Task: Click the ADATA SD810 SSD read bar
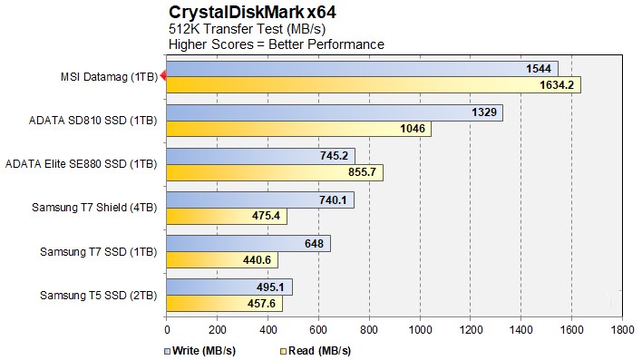pos(298,129)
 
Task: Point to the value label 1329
pos(484,112)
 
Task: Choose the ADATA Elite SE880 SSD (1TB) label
pos(81,164)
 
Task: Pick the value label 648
pos(316,243)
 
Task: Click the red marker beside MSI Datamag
pos(162,76)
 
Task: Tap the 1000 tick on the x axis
pos(419,329)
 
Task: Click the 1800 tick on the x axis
pos(622,329)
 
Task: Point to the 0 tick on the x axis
pos(167,329)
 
